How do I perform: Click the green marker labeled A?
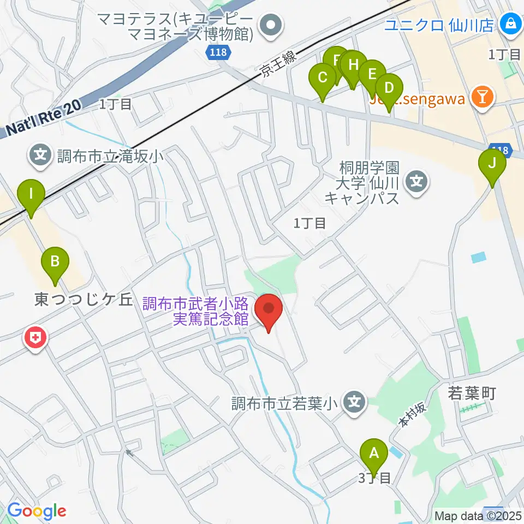tap(374, 452)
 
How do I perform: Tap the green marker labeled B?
tap(55, 260)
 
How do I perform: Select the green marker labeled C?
tap(323, 77)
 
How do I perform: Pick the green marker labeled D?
tap(389, 88)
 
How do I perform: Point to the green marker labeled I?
tap(31, 193)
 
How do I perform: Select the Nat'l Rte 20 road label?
tap(45, 119)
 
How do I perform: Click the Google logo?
tap(37, 511)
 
